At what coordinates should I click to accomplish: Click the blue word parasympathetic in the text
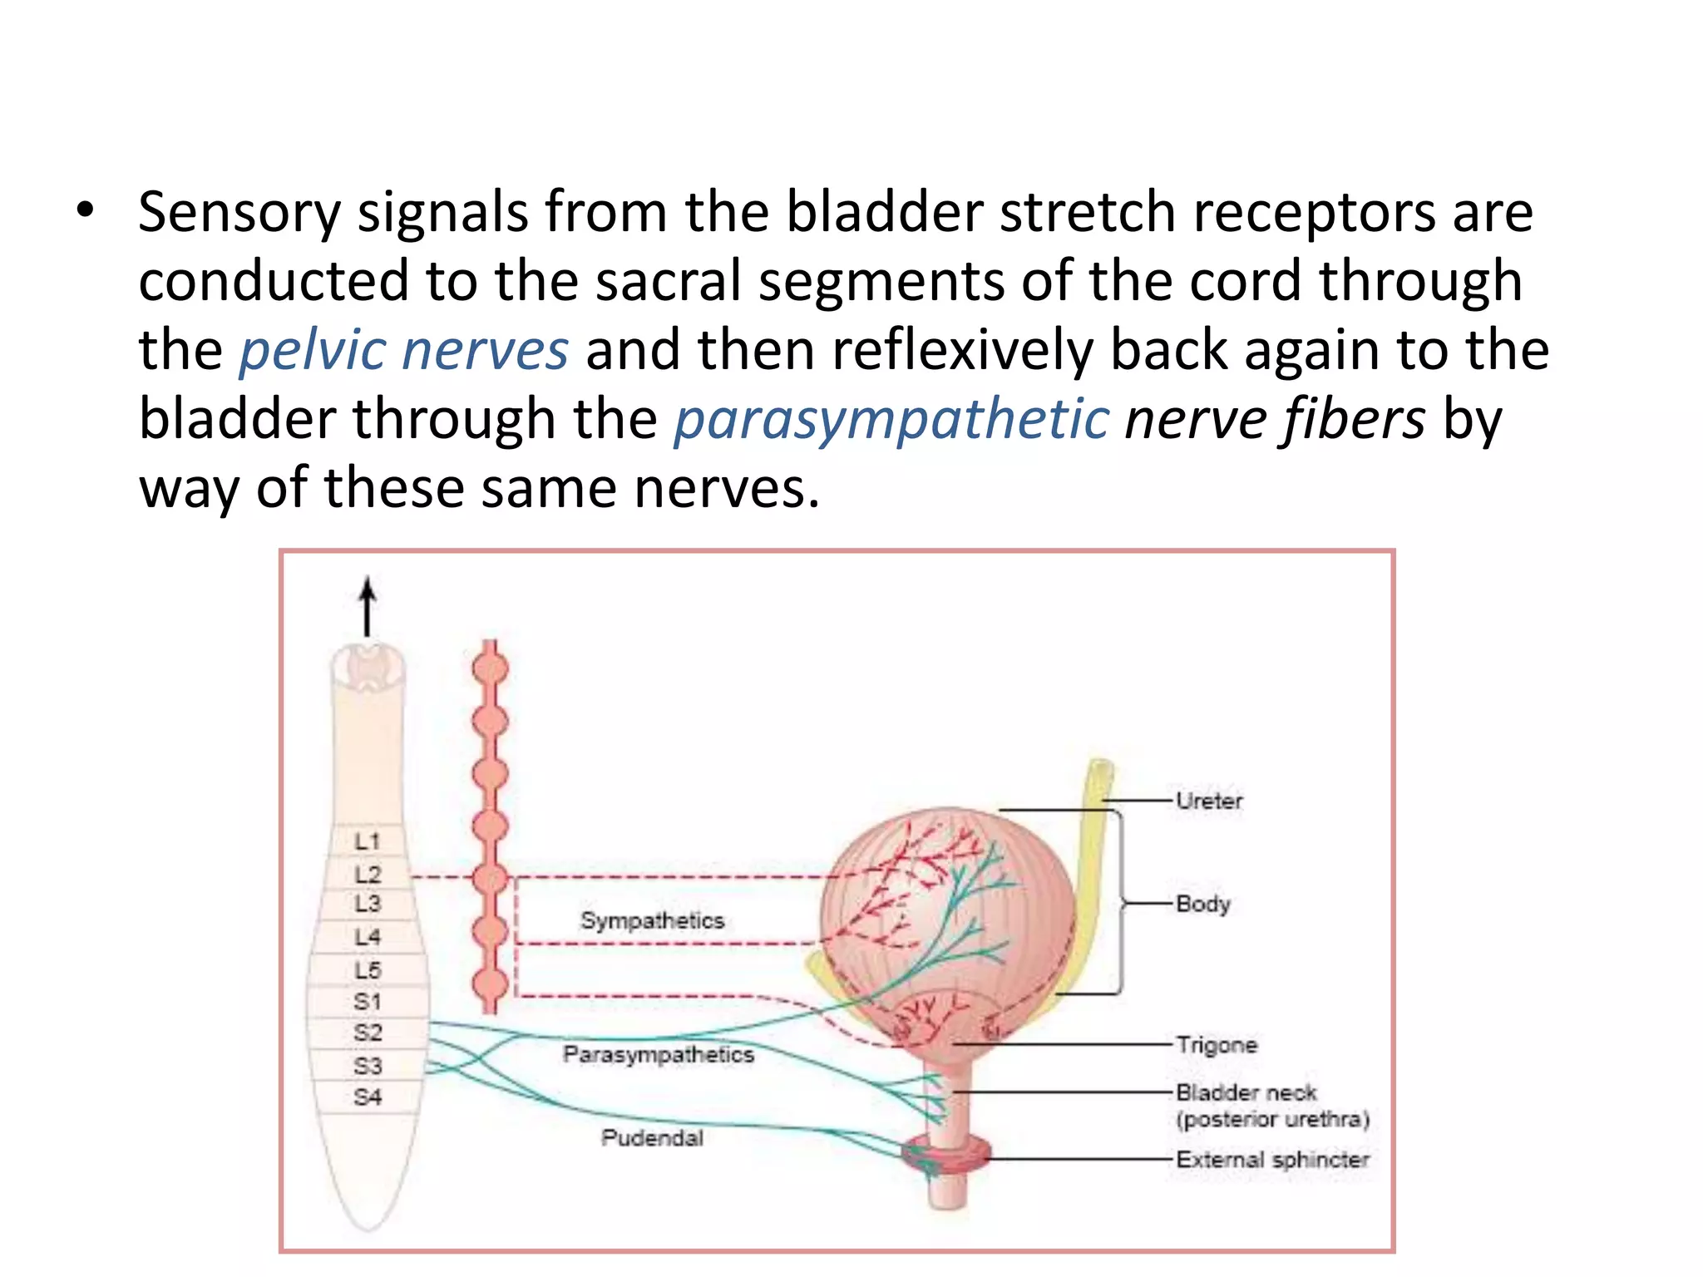pyautogui.click(x=891, y=419)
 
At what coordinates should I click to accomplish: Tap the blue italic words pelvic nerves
pyautogui.click(x=404, y=350)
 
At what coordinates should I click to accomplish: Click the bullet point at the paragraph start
pyautogui.click(x=85, y=211)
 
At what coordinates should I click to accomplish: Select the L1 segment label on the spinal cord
pyautogui.click(x=367, y=841)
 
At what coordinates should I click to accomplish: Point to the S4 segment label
pyautogui.click(x=367, y=1097)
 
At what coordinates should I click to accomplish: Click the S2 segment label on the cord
pyautogui.click(x=367, y=1033)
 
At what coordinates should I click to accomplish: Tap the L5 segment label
pyautogui.click(x=367, y=969)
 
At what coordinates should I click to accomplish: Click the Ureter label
pyautogui.click(x=1208, y=801)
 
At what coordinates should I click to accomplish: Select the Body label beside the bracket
pyautogui.click(x=1202, y=904)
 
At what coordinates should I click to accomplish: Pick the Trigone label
pyautogui.click(x=1216, y=1044)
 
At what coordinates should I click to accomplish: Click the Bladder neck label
pyautogui.click(x=1246, y=1092)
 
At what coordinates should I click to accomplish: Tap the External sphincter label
pyautogui.click(x=1272, y=1159)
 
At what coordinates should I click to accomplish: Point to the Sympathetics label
pyautogui.click(x=652, y=920)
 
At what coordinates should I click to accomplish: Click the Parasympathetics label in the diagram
pyautogui.click(x=658, y=1054)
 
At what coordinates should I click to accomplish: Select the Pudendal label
pyautogui.click(x=652, y=1137)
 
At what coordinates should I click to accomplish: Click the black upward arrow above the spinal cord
pyautogui.click(x=368, y=607)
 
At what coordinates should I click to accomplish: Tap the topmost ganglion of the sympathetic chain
pyautogui.click(x=491, y=668)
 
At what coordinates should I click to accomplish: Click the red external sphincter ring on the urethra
pyautogui.click(x=949, y=1152)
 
